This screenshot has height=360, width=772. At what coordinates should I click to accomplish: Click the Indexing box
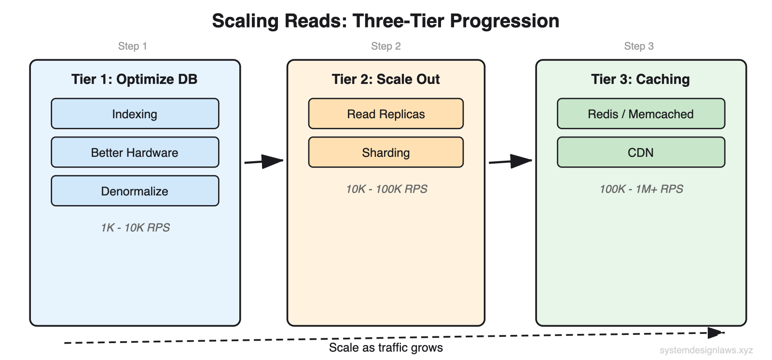point(135,114)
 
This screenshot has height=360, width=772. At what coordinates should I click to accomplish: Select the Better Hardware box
point(135,152)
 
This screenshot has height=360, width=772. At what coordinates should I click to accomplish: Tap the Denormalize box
point(135,191)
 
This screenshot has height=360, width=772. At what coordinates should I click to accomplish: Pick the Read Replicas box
point(386,114)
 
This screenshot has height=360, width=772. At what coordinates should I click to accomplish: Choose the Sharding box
point(386,152)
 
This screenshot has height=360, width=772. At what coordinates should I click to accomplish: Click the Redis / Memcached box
point(640,114)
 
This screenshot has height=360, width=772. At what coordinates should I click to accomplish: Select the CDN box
point(640,152)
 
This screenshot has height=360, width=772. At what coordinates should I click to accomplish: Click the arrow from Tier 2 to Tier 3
point(510,161)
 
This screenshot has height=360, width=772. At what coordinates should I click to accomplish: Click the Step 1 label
point(132,46)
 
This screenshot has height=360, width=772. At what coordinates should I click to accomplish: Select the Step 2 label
point(386,46)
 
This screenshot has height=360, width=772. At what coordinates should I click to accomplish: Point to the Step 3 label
point(638,46)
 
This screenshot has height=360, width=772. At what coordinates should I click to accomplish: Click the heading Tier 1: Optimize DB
point(134,79)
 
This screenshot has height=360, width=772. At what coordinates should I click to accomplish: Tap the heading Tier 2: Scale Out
point(386,79)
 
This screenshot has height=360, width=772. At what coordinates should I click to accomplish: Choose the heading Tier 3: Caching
point(640,79)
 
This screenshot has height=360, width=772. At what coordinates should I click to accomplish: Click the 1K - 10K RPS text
point(135,228)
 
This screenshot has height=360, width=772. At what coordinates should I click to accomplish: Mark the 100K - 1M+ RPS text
point(641,189)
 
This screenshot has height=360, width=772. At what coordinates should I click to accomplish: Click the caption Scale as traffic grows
point(386,348)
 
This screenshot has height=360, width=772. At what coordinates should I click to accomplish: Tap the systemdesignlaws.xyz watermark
point(706,350)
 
